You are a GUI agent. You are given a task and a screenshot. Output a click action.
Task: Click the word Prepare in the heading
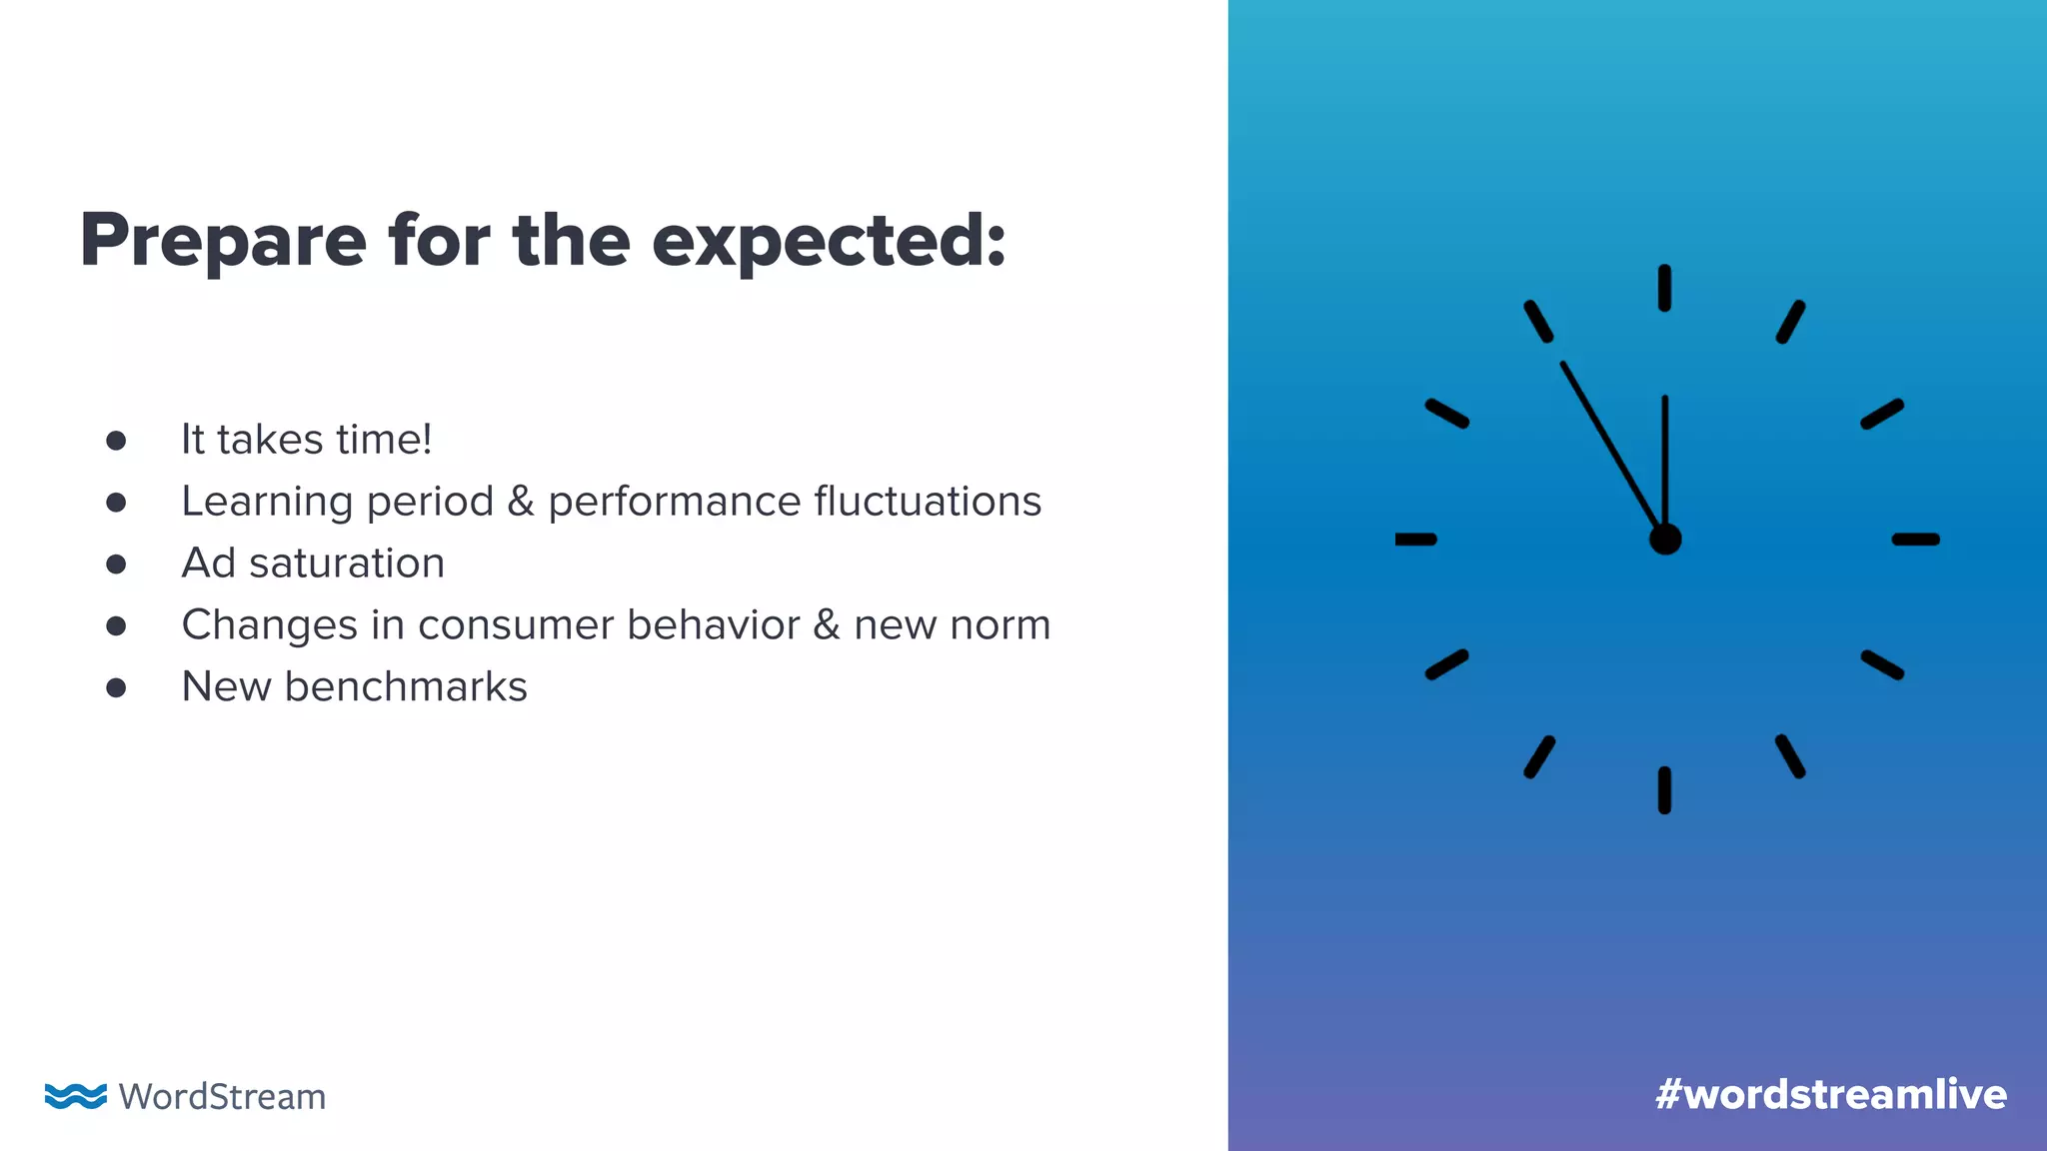coord(223,242)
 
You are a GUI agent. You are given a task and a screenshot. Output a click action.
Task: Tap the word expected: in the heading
coord(829,242)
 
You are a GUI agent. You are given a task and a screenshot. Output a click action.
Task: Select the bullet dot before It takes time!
coord(116,441)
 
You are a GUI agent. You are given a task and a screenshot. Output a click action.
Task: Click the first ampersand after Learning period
coord(521,502)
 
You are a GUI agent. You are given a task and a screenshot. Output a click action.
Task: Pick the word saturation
coord(347,564)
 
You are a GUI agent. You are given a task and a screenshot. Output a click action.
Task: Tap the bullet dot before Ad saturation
coord(116,565)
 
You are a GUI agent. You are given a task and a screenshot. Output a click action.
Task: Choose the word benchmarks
coord(406,687)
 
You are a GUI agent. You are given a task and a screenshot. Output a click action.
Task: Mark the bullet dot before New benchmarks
coord(116,688)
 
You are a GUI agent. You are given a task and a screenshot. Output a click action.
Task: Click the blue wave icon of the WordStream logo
coord(76,1096)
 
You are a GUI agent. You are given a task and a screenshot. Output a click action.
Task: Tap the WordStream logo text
coord(222,1097)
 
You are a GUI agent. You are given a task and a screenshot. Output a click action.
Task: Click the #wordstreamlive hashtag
coord(1830,1095)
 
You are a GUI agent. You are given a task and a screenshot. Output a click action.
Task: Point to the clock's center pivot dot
coord(1665,540)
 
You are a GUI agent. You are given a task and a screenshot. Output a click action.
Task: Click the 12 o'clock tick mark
coord(1664,288)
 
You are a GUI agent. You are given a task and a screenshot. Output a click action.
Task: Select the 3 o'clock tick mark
coord(1915,540)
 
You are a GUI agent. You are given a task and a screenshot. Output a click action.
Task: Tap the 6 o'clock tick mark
coord(1664,790)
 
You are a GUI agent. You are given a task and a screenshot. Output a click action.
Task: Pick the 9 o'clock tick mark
coord(1415,540)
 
